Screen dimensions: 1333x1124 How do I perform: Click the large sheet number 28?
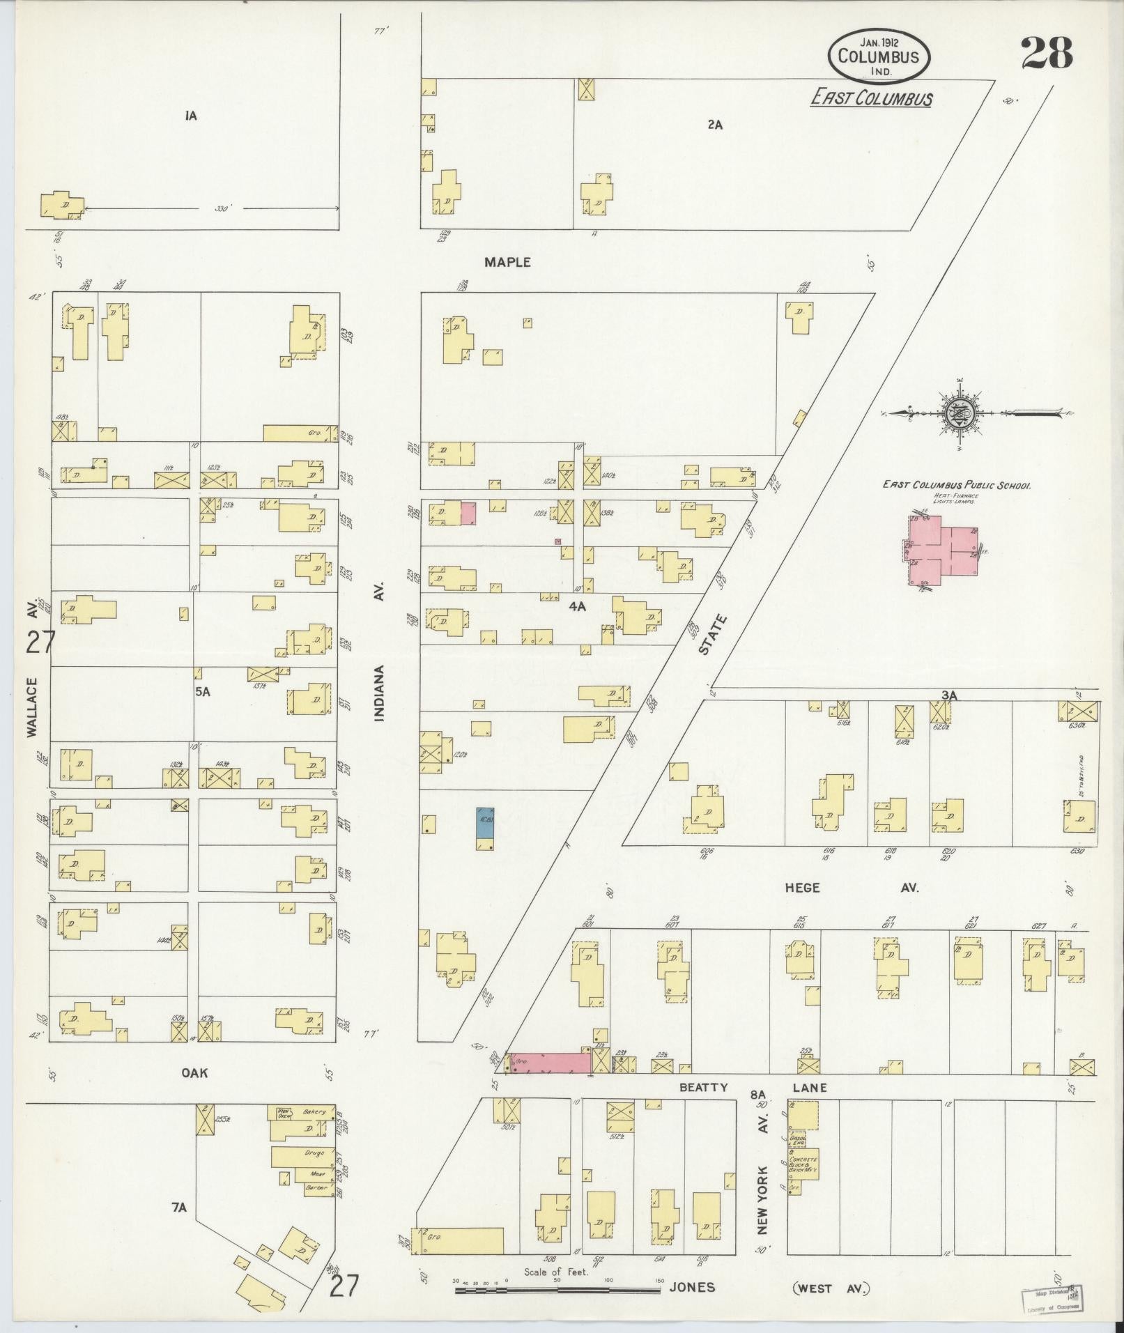click(x=1047, y=54)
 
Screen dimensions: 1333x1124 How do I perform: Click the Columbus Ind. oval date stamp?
click(x=878, y=56)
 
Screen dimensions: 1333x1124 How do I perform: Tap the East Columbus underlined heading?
click(x=871, y=99)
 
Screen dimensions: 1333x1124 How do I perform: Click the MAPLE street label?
click(x=508, y=263)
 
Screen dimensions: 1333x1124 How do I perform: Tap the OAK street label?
click(x=194, y=1073)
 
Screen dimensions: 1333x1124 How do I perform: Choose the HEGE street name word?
click(x=802, y=888)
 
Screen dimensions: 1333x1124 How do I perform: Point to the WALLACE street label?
click(x=32, y=707)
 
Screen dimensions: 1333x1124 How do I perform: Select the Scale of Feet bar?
click(x=557, y=1290)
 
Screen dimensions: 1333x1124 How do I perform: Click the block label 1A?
click(x=191, y=116)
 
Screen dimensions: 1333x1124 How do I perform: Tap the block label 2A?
click(x=714, y=125)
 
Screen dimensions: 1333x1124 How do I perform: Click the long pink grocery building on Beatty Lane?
click(x=549, y=1063)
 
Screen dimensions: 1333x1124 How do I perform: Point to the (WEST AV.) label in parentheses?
click(x=831, y=1288)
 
